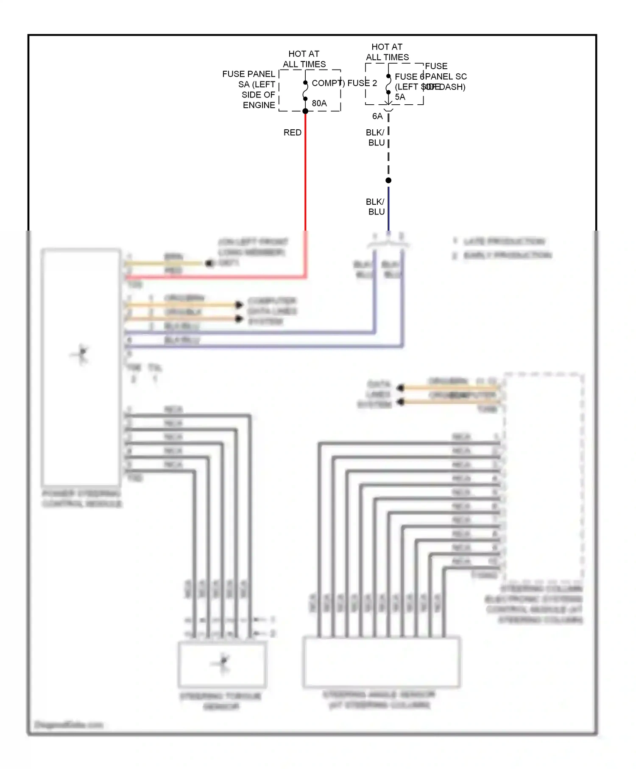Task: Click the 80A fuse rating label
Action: click(x=319, y=103)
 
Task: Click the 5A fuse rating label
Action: click(x=400, y=97)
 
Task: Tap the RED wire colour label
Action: click(x=292, y=132)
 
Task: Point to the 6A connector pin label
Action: click(x=377, y=116)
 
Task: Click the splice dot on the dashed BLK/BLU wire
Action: click(x=388, y=181)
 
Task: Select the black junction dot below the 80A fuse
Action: click(x=305, y=111)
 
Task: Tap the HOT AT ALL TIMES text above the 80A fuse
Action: click(x=304, y=59)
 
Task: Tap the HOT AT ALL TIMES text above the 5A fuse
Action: click(x=387, y=52)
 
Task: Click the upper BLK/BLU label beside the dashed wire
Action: click(x=376, y=137)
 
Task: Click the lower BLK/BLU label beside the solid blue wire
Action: click(x=376, y=206)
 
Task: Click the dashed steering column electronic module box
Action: click(x=544, y=477)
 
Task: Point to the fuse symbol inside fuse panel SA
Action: click(x=305, y=91)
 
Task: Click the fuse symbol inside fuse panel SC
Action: click(x=388, y=84)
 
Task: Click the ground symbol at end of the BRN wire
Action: click(x=209, y=263)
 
